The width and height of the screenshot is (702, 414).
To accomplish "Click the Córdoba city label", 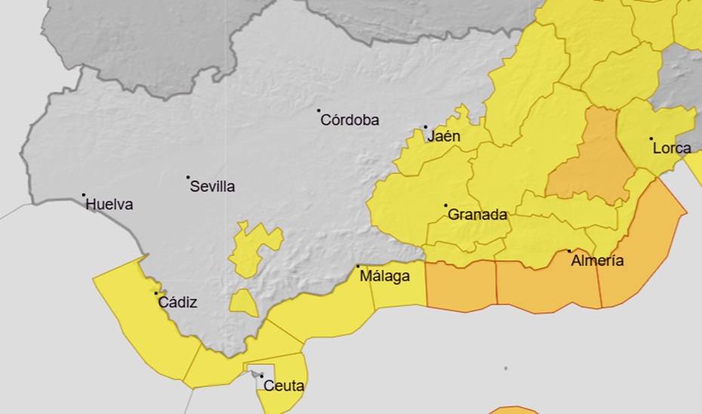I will [349, 120].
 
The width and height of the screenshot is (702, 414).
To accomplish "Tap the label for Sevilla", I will [212, 187].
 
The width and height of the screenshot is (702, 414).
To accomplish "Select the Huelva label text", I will [109, 204].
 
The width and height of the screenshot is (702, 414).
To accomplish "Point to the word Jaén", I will [444, 137].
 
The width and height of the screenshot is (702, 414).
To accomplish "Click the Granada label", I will [477, 215].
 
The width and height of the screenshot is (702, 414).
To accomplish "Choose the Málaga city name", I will [384, 277].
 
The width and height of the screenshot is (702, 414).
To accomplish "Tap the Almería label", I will [598, 261].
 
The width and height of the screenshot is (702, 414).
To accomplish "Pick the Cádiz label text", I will [177, 303].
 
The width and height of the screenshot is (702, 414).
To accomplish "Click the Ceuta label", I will [284, 387].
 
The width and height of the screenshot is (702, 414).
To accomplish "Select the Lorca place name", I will [672, 148].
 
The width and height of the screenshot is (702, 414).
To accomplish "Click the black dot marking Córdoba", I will [319, 110].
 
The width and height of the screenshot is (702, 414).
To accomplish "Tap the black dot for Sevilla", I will [188, 178].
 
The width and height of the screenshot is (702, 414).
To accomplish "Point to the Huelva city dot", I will [84, 195].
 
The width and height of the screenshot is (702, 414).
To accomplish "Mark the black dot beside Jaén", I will [425, 127].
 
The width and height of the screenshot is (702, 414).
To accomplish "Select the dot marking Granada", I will [445, 205].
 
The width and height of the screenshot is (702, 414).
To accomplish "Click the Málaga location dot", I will [358, 266].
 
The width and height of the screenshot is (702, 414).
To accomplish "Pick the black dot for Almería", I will [569, 252].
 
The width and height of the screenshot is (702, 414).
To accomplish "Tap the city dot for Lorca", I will [651, 139].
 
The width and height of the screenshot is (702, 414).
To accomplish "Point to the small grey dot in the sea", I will [506, 369].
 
